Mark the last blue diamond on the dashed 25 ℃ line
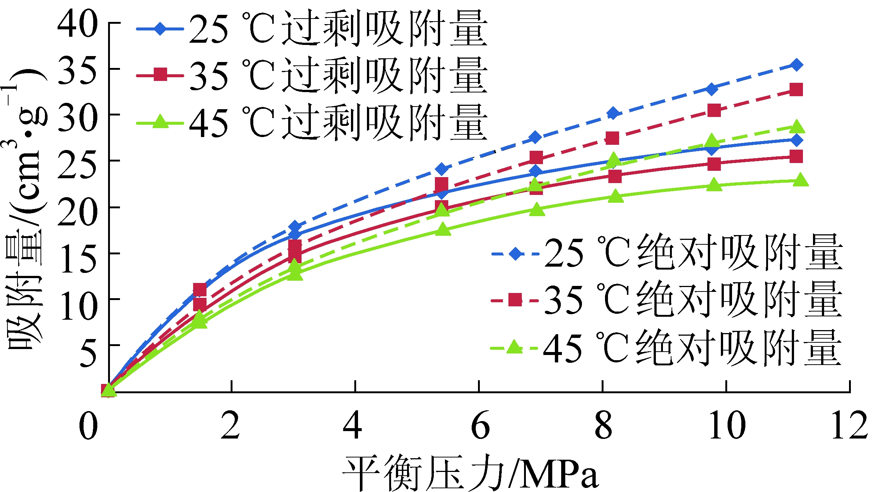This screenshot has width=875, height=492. tap(796, 65)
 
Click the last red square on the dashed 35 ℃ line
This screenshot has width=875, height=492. tap(796, 89)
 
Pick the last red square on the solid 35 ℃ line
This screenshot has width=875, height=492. tap(796, 156)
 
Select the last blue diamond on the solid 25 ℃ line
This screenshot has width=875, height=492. tap(796, 140)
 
